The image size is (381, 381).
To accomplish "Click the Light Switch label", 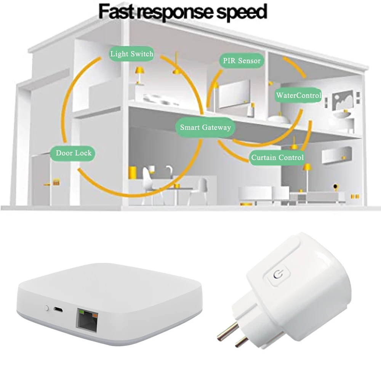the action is [x=131, y=54].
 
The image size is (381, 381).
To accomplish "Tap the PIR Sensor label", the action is [x=242, y=61].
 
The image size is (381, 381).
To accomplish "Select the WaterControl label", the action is [x=298, y=95].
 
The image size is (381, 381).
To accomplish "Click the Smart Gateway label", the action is [x=205, y=127].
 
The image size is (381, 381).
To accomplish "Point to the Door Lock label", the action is [x=74, y=153].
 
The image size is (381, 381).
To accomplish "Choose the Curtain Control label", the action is [x=277, y=157].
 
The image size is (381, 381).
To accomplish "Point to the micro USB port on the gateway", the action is [x=58, y=309].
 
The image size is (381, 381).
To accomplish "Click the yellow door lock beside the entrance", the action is [x=56, y=182].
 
